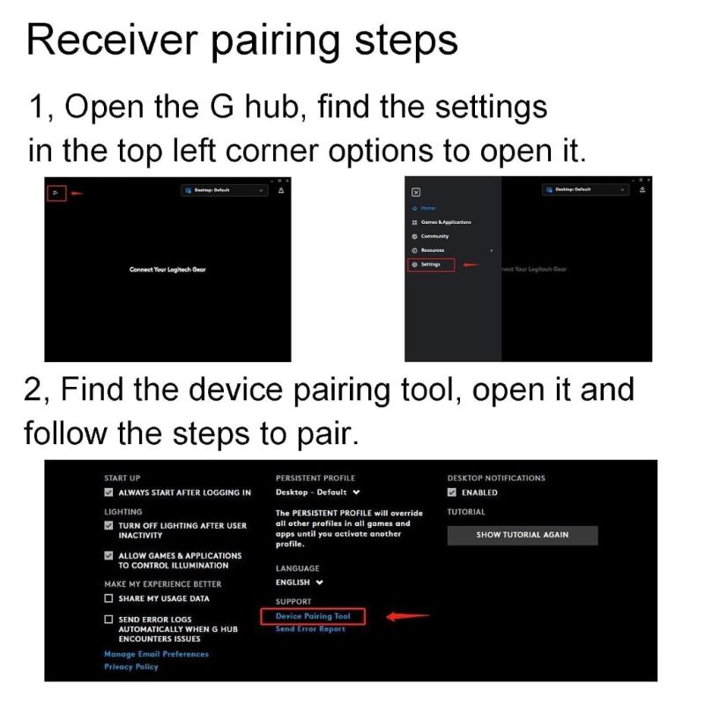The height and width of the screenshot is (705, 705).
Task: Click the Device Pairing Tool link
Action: click(x=313, y=616)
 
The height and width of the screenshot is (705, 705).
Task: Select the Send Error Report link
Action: click(x=310, y=629)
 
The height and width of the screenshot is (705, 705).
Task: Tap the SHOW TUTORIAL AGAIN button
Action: click(x=522, y=535)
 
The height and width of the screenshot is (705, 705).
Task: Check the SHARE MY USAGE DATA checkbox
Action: click(x=109, y=598)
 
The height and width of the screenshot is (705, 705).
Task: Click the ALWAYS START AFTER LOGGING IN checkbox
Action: click(x=109, y=493)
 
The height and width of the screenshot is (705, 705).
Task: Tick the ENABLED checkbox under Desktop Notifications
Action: click(x=452, y=493)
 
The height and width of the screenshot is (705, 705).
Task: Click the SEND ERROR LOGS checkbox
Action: click(x=109, y=620)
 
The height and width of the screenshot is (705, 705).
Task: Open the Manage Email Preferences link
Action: click(x=156, y=654)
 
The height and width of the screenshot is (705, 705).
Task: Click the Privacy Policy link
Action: click(x=131, y=667)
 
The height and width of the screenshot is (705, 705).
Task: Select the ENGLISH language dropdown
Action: click(x=300, y=583)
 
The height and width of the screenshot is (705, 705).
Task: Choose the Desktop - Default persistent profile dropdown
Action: click(x=317, y=493)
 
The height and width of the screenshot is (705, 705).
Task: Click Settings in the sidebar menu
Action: click(x=431, y=264)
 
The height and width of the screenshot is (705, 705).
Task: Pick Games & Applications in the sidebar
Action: click(x=445, y=222)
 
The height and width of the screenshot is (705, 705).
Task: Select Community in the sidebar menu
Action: click(x=434, y=236)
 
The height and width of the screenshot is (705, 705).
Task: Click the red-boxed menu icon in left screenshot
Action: click(x=55, y=192)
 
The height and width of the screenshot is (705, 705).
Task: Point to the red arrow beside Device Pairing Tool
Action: click(x=407, y=616)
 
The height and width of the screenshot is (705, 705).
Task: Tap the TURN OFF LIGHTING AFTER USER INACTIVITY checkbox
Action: click(x=109, y=525)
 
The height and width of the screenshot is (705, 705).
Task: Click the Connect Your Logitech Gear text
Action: click(x=167, y=269)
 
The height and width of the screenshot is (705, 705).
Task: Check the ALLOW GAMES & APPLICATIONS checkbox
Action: click(x=109, y=556)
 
